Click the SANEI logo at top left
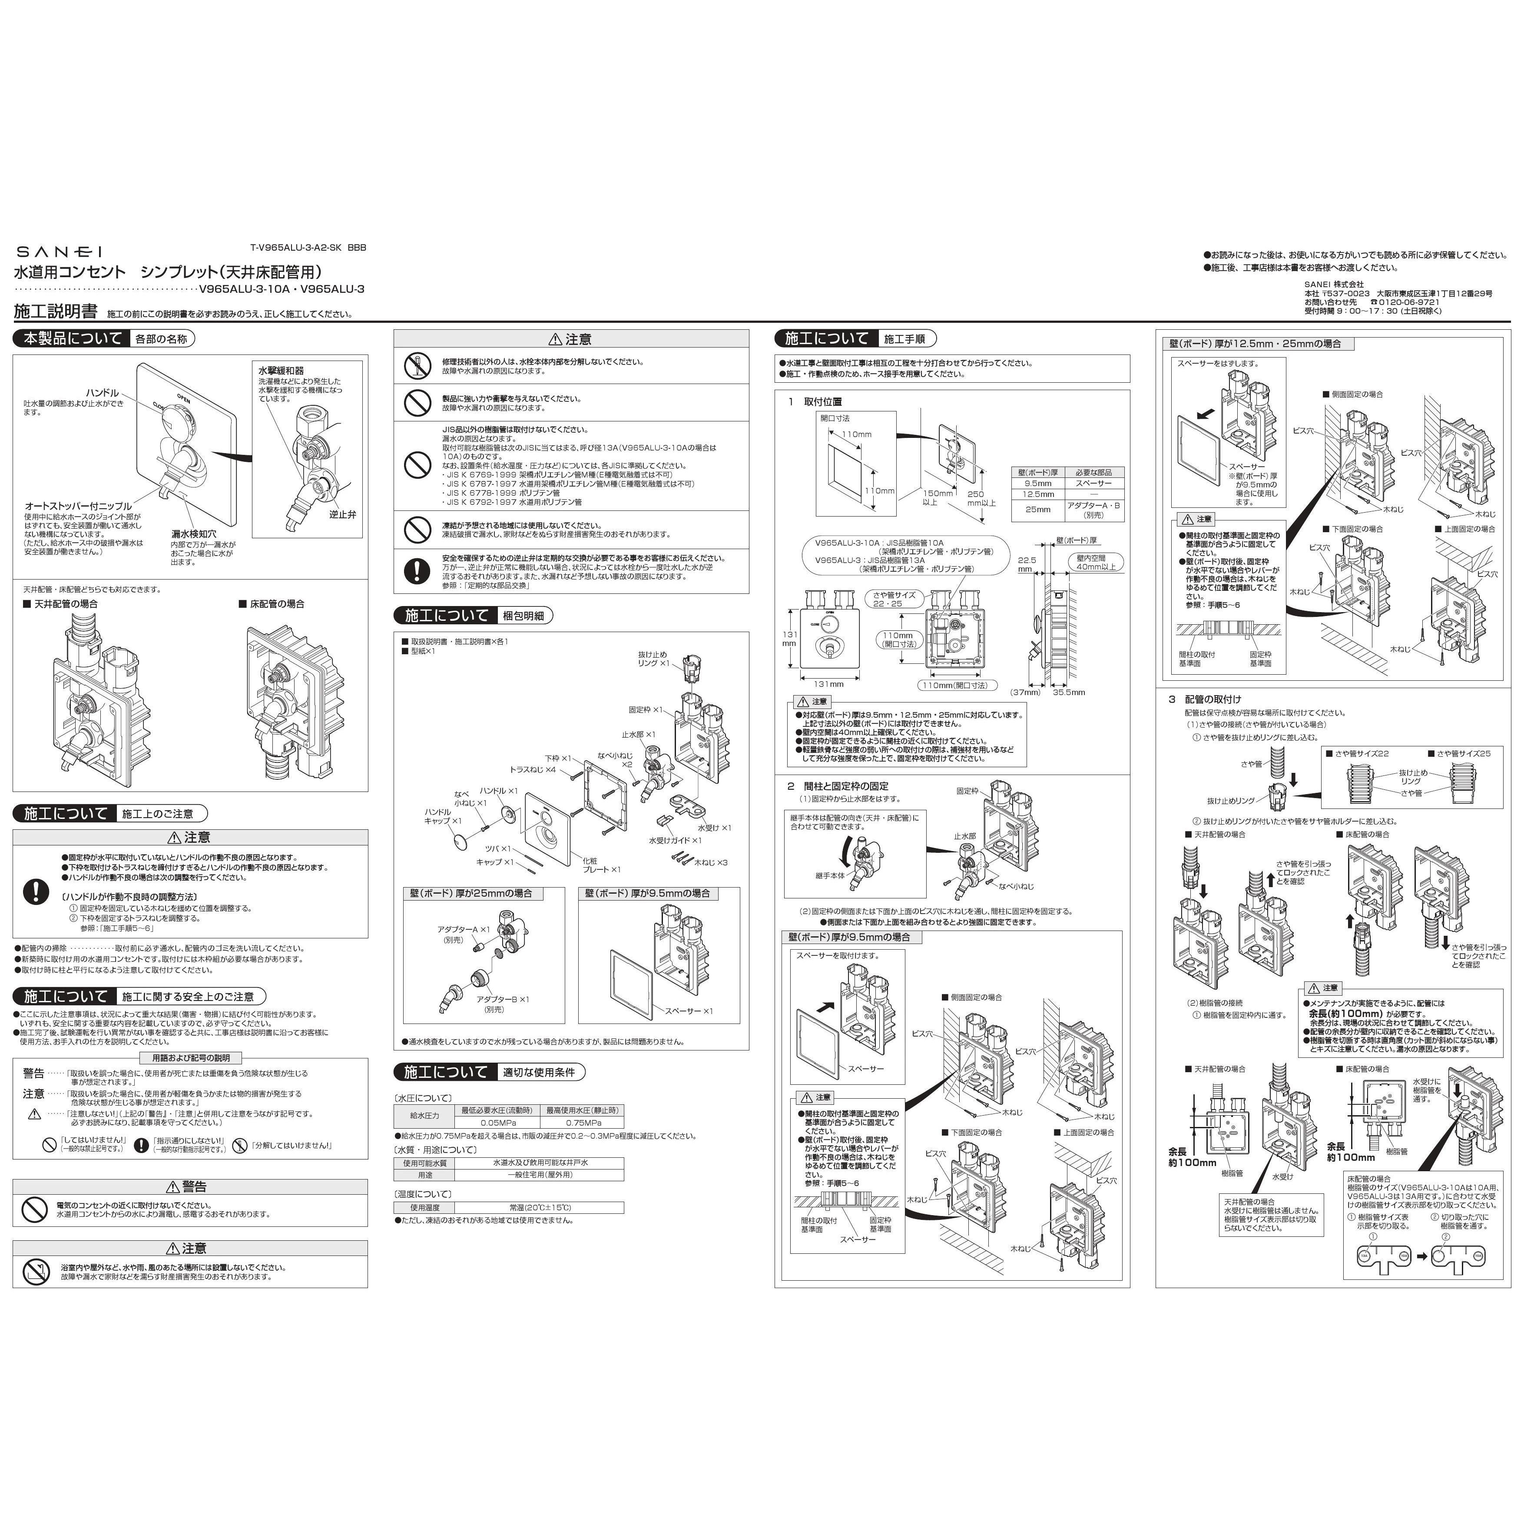(x=59, y=252)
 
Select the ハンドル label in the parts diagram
(x=103, y=393)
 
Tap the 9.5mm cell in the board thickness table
(x=1037, y=484)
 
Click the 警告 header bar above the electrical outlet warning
(x=190, y=1186)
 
